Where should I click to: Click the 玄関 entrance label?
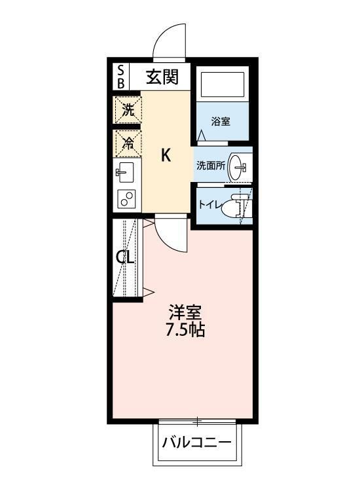point(162,77)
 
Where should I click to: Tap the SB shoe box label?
point(120,77)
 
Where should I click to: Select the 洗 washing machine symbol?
point(128,110)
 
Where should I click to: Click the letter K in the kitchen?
point(166,156)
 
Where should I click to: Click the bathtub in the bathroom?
point(222,85)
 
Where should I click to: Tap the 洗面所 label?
point(211,166)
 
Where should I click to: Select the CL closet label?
point(125,257)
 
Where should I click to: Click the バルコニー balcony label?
point(197,443)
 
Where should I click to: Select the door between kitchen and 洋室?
point(171,234)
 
